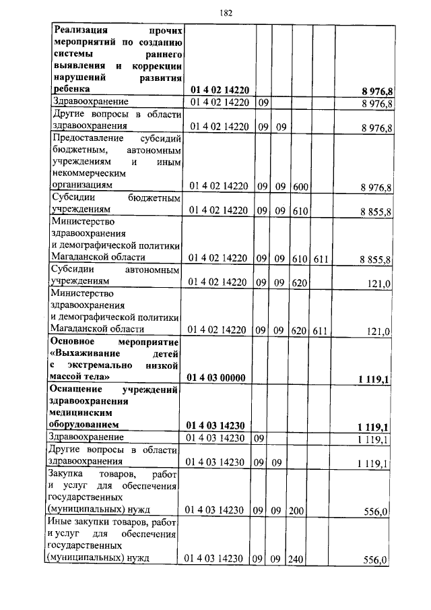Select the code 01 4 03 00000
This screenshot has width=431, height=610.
(x=216, y=377)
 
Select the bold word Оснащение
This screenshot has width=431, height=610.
(x=77, y=389)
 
